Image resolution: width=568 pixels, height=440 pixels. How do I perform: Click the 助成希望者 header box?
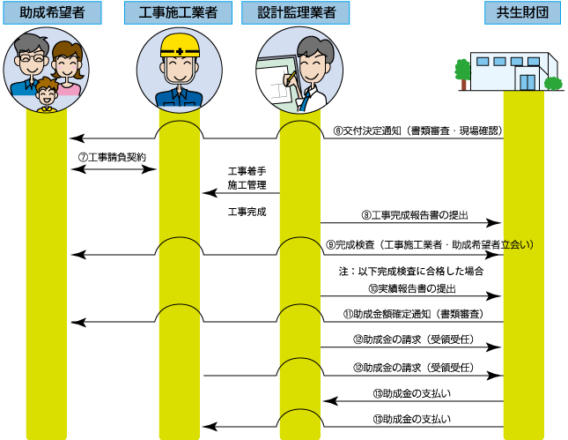[52, 12]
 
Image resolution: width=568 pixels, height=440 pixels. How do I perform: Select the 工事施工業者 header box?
[178, 12]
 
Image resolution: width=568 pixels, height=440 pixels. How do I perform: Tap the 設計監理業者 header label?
[296, 12]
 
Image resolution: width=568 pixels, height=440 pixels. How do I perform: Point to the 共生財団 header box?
[522, 12]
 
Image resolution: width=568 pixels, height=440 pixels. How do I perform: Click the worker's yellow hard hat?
[180, 46]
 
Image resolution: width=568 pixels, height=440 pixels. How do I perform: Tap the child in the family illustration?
[47, 95]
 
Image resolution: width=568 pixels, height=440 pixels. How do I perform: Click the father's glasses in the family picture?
[32, 57]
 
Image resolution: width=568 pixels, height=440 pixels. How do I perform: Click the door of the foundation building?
[527, 82]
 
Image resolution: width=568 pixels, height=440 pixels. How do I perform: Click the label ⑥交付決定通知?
[367, 131]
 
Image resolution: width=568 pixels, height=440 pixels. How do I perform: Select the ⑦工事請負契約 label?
[112, 158]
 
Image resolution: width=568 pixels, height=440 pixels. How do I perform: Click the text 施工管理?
[247, 185]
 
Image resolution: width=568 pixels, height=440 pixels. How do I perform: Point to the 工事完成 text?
[247, 212]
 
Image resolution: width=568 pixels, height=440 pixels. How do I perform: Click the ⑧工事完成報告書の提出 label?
[415, 215]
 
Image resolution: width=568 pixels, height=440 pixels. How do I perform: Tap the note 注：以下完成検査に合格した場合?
[411, 271]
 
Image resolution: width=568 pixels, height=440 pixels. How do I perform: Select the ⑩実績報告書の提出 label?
[412, 288]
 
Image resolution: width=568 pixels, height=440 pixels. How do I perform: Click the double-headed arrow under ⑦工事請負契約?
[114, 169]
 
